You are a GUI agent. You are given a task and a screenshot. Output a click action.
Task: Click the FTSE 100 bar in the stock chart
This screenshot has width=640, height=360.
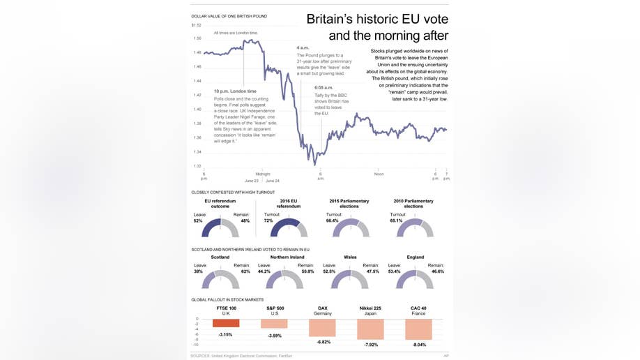226,323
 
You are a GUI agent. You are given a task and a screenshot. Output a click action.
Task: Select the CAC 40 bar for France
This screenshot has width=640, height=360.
418,329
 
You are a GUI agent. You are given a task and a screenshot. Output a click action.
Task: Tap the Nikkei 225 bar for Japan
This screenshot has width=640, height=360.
370,329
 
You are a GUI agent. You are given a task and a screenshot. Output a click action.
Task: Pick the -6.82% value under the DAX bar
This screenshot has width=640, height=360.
323,342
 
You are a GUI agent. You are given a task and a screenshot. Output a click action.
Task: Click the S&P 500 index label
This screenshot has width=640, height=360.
275,308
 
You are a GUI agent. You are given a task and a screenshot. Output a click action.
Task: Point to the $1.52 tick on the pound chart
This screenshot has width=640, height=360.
197,25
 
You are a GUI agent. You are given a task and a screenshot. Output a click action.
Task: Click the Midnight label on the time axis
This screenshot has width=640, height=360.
263,174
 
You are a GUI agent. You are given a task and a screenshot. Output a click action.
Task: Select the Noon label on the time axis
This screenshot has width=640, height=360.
379,174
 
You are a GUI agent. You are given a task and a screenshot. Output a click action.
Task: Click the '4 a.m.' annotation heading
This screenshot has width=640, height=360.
303,48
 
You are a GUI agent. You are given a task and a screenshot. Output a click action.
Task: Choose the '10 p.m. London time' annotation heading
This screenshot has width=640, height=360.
235,91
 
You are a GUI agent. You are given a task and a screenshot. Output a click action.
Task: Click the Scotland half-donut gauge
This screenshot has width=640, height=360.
220,279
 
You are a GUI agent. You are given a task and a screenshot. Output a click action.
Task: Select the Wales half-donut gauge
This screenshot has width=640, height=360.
350,279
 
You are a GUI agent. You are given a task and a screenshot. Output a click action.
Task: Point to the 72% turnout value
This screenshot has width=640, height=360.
268,220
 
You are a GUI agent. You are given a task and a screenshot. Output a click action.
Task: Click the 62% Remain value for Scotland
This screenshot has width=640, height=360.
245,271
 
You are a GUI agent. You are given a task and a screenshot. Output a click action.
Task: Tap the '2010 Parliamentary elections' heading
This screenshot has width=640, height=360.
413,204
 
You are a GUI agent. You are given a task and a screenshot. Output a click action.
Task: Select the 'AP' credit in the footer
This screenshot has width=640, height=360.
445,356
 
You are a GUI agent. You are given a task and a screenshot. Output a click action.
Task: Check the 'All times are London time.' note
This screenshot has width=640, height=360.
236,33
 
